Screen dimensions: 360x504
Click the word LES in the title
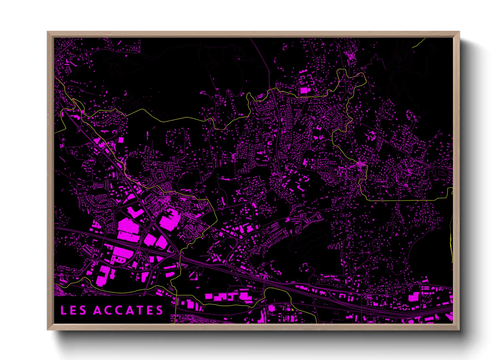(x=73, y=310)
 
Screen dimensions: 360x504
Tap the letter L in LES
(x=63, y=310)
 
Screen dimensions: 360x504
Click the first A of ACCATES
(x=98, y=310)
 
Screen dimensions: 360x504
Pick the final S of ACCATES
(x=159, y=310)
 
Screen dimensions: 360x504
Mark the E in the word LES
(x=73, y=310)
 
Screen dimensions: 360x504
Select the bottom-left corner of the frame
(x=48, y=329)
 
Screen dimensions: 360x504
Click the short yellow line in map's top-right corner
(x=419, y=43)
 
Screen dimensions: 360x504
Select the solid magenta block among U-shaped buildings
(x=303, y=91)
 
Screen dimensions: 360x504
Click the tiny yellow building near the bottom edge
(x=292, y=309)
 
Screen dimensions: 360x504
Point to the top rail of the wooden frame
(x=253, y=34)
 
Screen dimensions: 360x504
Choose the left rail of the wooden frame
(x=50, y=180)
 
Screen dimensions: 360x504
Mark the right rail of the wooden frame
(x=456, y=180)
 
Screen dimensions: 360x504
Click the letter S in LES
(x=83, y=310)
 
